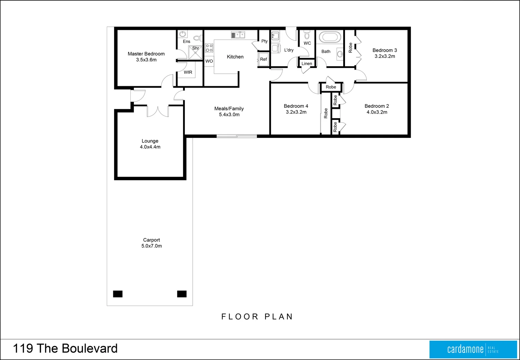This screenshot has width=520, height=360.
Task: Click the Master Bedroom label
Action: [146, 54]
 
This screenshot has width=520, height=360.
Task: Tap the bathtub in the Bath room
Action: [330, 37]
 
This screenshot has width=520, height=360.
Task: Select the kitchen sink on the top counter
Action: [238, 35]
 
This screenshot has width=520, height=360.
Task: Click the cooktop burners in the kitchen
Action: [209, 48]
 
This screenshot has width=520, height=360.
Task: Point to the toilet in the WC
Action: [306, 35]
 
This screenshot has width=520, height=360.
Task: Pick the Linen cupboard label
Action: [306, 64]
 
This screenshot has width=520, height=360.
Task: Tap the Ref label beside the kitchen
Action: [263, 59]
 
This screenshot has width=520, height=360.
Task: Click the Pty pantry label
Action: [265, 41]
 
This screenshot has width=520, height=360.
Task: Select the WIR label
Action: [188, 72]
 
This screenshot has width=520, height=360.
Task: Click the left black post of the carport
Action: [118, 294]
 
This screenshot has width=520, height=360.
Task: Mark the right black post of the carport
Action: [182, 294]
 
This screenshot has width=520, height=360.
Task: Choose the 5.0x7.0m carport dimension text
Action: [151, 246]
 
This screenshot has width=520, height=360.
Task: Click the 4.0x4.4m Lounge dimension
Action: [150, 147]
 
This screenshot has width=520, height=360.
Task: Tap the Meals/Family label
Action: [229, 108]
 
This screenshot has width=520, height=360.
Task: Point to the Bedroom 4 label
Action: [296, 106]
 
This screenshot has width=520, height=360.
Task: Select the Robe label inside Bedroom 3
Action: [350, 48]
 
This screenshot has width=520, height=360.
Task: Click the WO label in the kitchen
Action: [209, 61]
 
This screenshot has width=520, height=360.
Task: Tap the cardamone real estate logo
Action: [473, 349]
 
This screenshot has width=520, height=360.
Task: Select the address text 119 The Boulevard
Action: [65, 349]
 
